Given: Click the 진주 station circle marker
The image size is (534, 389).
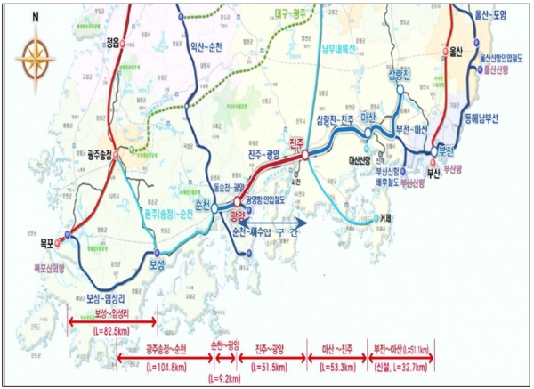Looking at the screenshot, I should (305, 155).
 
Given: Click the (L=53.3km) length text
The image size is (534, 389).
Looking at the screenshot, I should (336, 365).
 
